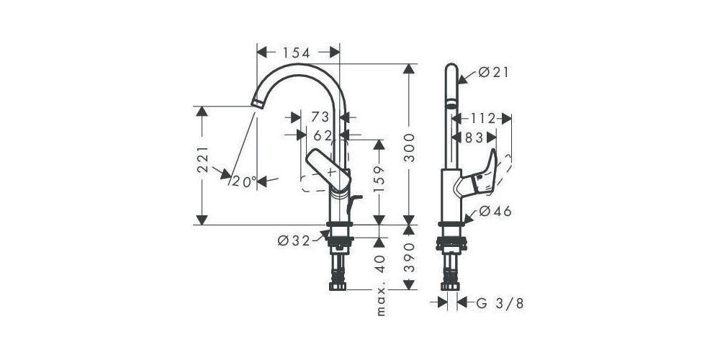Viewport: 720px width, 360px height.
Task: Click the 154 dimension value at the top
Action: pos(296,53)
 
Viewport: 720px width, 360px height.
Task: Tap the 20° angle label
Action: pos(244,181)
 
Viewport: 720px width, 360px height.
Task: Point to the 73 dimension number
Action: pos(320,117)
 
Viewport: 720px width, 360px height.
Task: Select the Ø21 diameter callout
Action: pos(493,72)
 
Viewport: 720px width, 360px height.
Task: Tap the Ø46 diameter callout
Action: pos(495,212)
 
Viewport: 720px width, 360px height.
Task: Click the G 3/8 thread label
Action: pos(500,303)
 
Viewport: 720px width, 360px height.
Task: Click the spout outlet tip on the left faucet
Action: pos(255,104)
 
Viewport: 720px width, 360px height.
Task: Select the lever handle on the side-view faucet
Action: pos(481,177)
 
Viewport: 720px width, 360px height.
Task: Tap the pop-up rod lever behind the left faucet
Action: pos(351,204)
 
